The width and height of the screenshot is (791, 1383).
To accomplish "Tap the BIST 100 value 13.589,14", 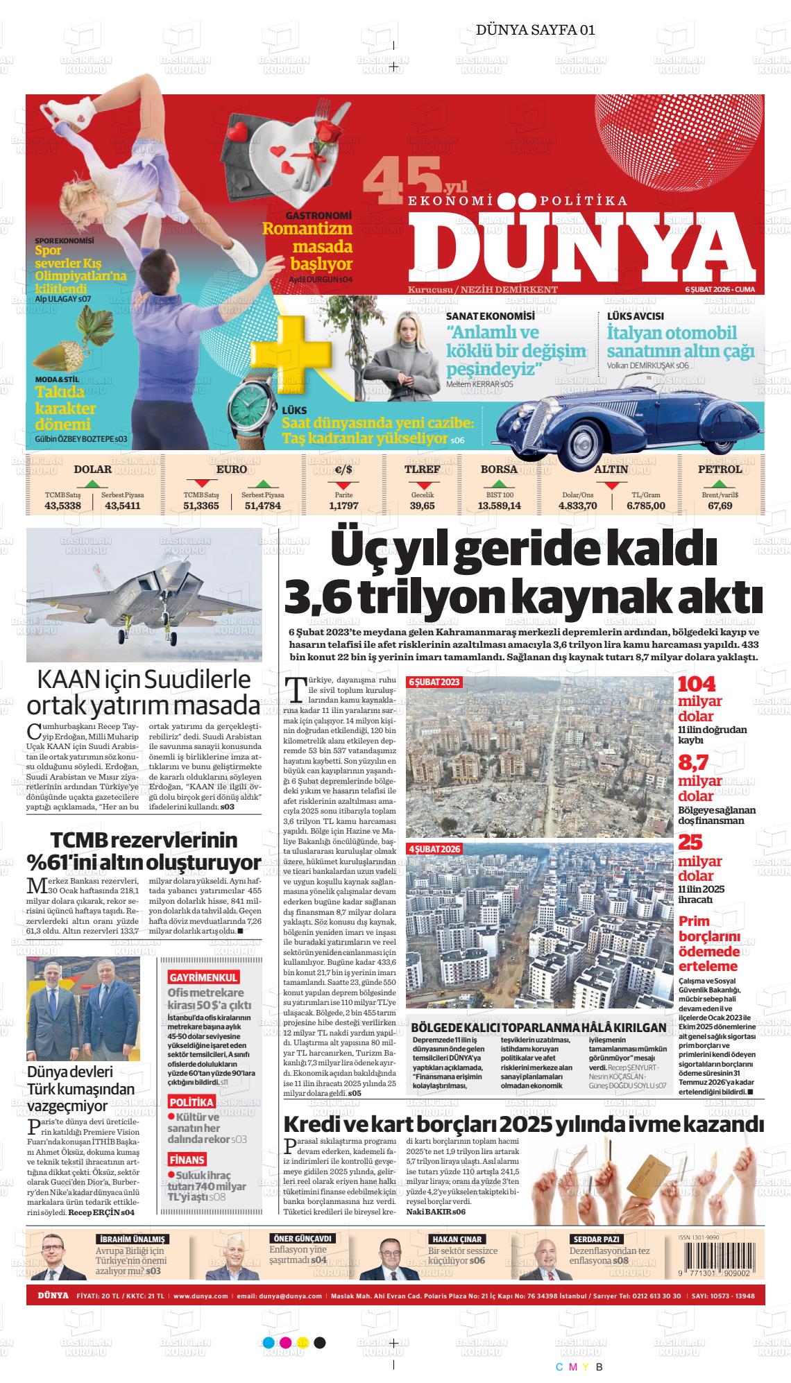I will click(499, 506).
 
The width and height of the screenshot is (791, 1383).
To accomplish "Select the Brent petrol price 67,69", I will click(720, 506).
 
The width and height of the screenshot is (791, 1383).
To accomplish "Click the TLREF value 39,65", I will click(422, 506).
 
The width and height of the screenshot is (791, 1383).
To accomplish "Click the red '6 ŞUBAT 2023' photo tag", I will click(434, 682).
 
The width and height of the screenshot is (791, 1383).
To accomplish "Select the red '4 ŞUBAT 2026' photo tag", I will click(434, 849).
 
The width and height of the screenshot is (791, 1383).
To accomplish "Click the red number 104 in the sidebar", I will click(696, 684).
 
